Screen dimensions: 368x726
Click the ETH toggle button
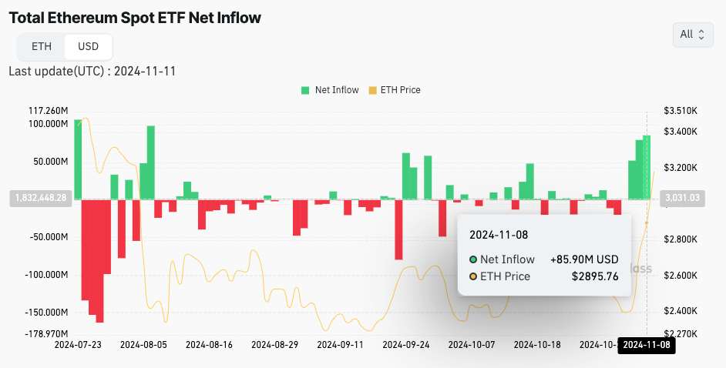(42, 46)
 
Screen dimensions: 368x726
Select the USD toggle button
(89, 46)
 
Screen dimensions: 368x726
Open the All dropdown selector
(692, 35)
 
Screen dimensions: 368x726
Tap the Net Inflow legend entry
(330, 90)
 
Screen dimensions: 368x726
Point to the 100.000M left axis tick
(48, 124)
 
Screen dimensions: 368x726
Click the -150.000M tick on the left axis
(46, 313)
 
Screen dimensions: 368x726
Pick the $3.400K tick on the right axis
(681, 132)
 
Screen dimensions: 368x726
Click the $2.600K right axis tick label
(681, 276)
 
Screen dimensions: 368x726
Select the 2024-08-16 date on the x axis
(210, 345)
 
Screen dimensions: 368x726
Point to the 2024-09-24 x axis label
(406, 345)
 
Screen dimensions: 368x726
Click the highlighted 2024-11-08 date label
(648, 346)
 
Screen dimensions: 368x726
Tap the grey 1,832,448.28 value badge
(41, 198)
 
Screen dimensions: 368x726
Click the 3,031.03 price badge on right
(683, 198)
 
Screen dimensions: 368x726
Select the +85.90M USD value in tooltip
(584, 259)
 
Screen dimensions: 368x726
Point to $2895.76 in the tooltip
(595, 276)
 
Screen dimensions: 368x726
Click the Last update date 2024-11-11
(146, 72)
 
